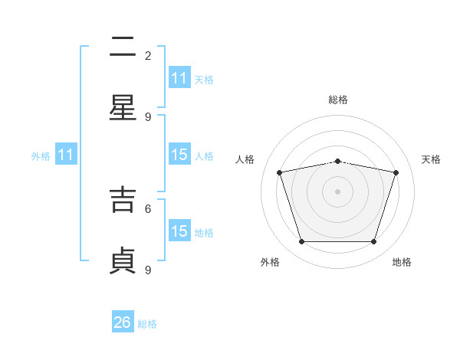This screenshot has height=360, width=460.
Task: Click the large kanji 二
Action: (x=123, y=46)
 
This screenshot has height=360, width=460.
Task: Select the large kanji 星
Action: (x=123, y=107)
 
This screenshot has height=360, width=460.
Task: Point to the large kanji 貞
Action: (x=123, y=260)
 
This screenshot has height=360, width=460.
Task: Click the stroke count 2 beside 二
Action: (x=148, y=56)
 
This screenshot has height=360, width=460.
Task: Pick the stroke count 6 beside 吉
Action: (x=148, y=209)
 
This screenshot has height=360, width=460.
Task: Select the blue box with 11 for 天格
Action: (x=179, y=77)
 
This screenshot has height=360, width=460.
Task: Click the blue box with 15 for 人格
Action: (x=179, y=154)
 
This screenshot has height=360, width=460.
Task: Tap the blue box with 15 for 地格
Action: (x=179, y=230)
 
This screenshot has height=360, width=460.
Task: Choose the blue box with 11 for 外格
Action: (x=66, y=154)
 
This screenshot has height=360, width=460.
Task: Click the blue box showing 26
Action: (x=123, y=321)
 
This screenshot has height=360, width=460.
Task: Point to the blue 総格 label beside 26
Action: (x=147, y=324)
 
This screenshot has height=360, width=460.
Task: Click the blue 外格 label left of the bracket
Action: (x=41, y=156)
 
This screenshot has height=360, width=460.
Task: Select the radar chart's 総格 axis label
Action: (x=338, y=100)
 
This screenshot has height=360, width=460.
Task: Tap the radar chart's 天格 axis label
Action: (x=431, y=159)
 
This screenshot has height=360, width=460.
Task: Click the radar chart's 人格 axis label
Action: (x=245, y=159)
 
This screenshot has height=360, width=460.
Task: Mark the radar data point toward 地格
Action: (x=373, y=241)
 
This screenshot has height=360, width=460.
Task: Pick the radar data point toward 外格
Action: (x=302, y=241)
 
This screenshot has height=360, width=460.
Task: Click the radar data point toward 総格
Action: (x=337, y=162)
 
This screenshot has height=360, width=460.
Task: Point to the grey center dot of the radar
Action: (x=337, y=191)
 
